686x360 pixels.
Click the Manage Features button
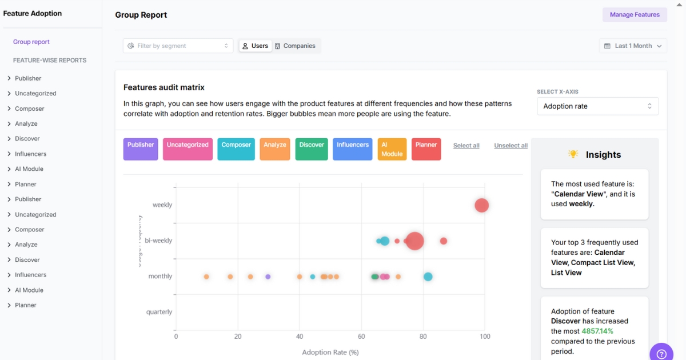click(635, 15)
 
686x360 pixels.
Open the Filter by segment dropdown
click(178, 46)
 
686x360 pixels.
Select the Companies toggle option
click(295, 46)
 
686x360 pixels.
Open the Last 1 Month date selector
click(633, 46)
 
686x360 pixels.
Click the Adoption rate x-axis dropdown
click(597, 106)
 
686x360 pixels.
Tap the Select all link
click(466, 146)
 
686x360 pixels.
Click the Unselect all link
click(510, 146)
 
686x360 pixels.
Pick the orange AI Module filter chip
click(392, 149)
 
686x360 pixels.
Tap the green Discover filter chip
click(312, 149)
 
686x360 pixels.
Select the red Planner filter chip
click(426, 149)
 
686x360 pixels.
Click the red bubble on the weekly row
click(482, 205)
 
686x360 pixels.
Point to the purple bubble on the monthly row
click(268, 277)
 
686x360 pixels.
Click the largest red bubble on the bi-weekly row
click(414, 241)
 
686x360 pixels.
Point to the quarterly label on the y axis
click(159, 312)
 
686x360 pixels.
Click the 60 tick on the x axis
click(361, 337)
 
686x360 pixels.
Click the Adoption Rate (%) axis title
click(330, 352)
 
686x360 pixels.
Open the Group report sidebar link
click(31, 42)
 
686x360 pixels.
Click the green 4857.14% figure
click(597, 331)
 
